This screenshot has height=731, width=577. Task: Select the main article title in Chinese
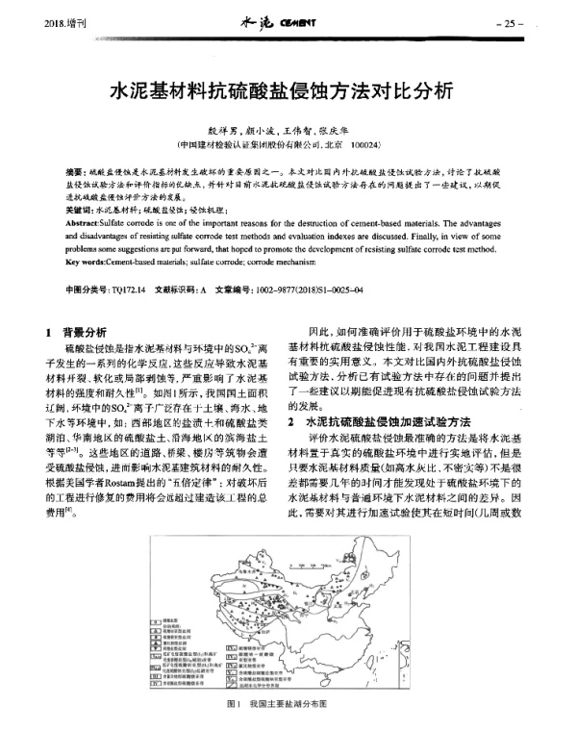288,94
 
